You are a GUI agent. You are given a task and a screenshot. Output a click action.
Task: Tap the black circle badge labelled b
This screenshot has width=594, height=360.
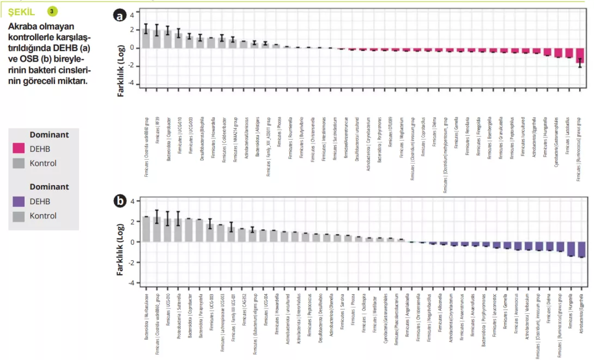pos(119,201)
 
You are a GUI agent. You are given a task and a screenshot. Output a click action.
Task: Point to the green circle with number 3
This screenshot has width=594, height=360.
pos(52,11)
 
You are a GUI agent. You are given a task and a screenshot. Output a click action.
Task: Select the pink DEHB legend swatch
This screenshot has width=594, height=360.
pos(19,148)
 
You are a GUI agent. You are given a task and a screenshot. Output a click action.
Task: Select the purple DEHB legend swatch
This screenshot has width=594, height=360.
pos(19,202)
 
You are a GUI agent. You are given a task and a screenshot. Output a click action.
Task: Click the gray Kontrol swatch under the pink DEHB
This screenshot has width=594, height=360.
pos(19,163)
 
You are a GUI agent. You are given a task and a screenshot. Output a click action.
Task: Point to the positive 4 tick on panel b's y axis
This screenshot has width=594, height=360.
pos(131,202)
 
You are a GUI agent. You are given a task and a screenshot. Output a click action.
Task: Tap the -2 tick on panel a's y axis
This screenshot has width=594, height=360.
pos(131,66)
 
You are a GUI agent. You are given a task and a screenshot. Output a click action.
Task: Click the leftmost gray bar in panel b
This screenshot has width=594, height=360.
pos(146,229)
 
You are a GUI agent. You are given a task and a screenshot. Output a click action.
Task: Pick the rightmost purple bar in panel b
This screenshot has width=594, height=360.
pos(582,249)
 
